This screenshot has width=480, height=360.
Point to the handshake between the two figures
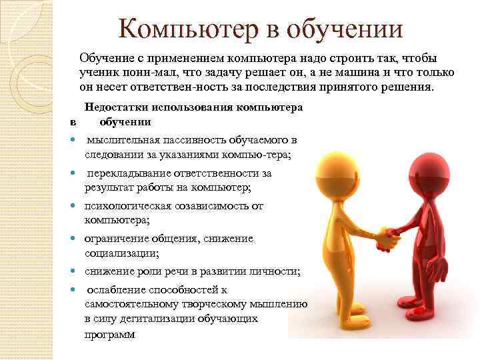(387, 234)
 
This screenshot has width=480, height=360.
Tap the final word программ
(109, 335)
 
